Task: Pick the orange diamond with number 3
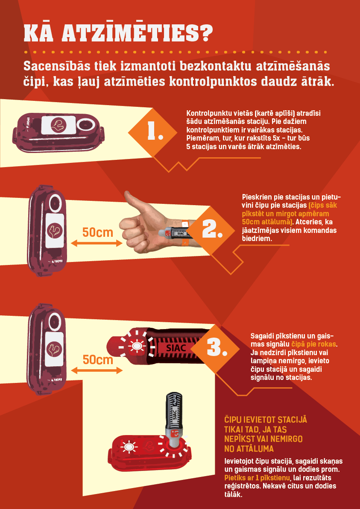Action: tap(215, 349)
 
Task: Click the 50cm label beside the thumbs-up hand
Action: tap(98, 232)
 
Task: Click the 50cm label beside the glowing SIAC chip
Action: tap(98, 360)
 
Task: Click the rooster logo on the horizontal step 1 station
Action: tap(59, 125)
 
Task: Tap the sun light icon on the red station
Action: tap(129, 447)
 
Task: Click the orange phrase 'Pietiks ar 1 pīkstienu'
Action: tap(257, 478)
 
